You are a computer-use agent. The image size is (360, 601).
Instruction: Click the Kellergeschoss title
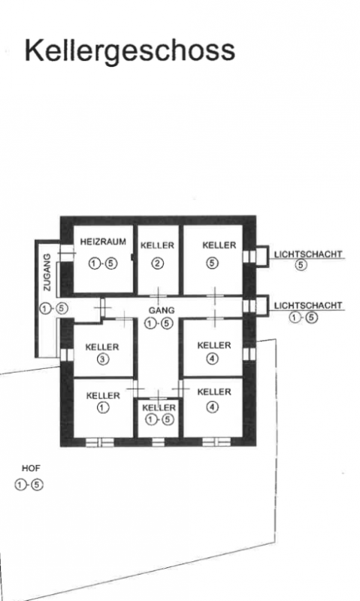(129, 51)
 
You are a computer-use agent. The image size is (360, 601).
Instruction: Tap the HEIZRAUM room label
(103, 242)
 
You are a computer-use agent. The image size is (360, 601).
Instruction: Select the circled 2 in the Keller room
(158, 264)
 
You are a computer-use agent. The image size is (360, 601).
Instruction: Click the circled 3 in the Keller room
(103, 360)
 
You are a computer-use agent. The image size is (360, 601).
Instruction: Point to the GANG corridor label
(162, 310)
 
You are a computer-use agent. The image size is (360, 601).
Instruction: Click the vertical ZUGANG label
(47, 272)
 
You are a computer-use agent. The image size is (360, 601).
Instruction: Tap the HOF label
(31, 468)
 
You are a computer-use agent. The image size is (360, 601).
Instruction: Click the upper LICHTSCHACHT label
(308, 254)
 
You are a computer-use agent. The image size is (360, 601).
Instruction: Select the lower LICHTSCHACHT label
(308, 306)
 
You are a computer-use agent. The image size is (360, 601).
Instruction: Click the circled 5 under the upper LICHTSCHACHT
(301, 265)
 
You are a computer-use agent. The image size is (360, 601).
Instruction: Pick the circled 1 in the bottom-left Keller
(103, 407)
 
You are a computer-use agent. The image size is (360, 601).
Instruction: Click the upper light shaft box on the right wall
(262, 255)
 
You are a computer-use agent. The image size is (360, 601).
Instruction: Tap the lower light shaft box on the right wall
(262, 306)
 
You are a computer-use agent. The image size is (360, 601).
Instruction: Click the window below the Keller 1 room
(100, 442)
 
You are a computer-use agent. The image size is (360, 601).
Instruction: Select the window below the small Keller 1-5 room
(158, 442)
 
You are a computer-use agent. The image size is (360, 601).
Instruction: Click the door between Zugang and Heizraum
(66, 253)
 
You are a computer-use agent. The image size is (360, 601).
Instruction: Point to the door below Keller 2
(158, 295)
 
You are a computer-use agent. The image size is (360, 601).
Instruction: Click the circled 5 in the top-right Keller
(213, 263)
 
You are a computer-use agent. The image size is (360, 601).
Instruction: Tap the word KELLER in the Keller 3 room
(102, 347)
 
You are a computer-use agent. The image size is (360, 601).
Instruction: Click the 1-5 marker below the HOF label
(29, 485)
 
